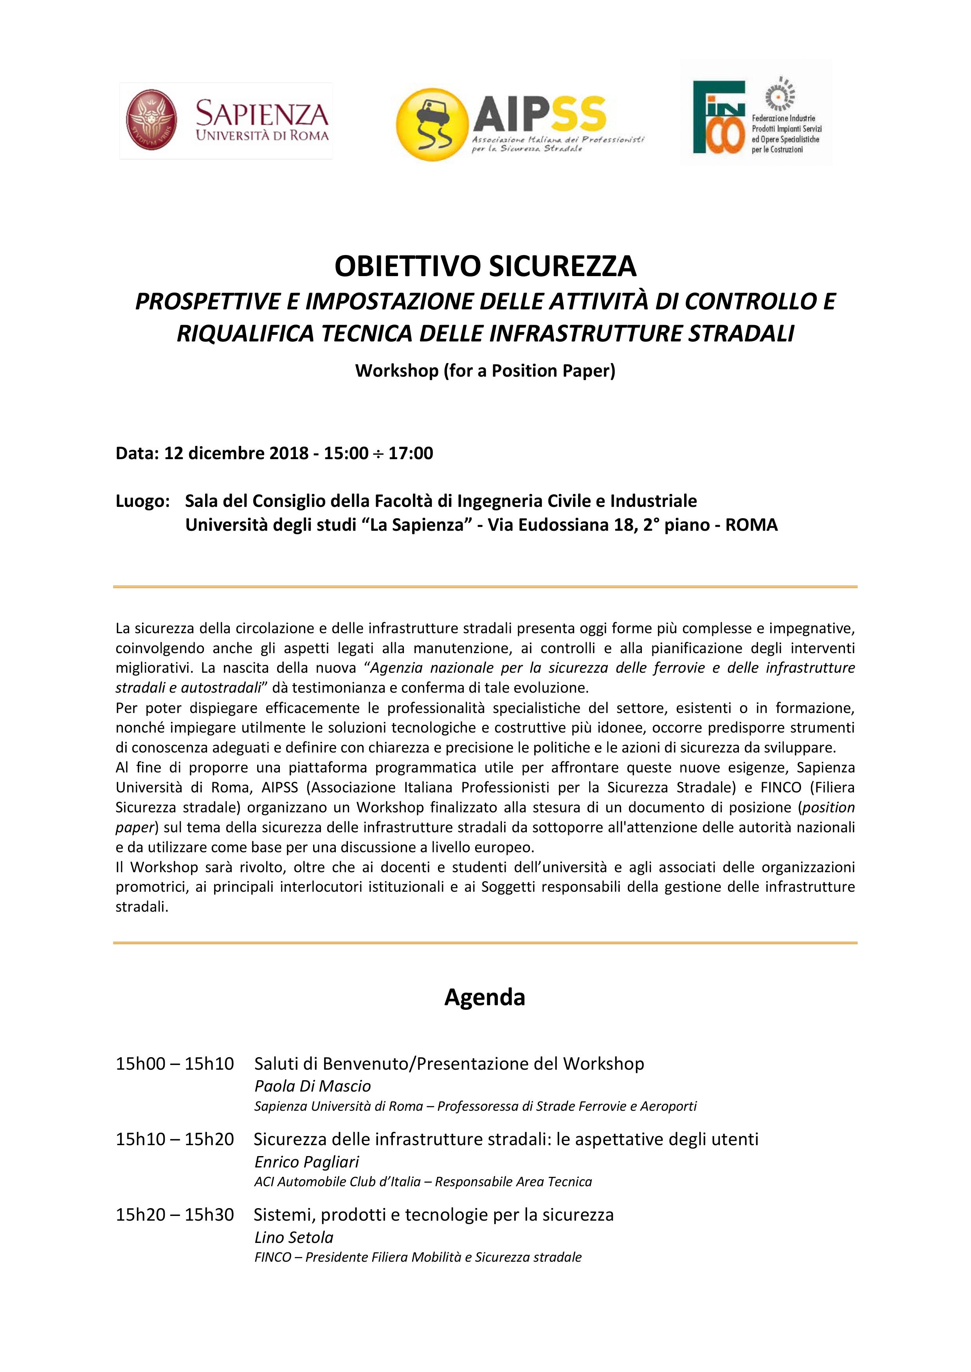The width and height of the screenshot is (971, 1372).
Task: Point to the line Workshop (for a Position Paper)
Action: [x=485, y=371]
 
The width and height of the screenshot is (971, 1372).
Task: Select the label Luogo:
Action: [x=143, y=501]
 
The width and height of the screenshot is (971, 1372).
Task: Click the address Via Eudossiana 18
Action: [x=558, y=525]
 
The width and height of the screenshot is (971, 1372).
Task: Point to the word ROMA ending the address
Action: [x=751, y=525]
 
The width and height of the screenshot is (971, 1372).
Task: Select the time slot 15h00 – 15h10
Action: [x=175, y=1064]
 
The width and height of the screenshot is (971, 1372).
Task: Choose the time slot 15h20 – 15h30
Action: [x=175, y=1214]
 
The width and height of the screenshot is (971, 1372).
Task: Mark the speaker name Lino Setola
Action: [x=294, y=1237]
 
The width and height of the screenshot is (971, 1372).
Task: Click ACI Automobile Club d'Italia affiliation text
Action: [x=337, y=1182]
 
